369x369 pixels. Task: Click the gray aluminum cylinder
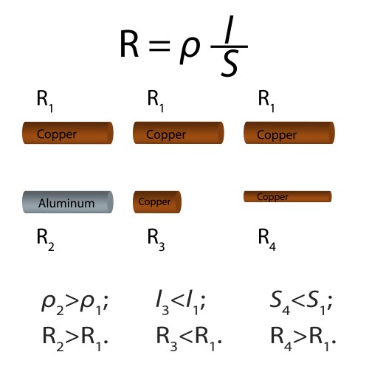67,201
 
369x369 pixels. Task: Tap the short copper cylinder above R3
156,201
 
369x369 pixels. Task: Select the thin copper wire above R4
287,196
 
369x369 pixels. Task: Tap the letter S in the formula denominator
231,65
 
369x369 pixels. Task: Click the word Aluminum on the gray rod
66,203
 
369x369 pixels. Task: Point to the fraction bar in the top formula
230,49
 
